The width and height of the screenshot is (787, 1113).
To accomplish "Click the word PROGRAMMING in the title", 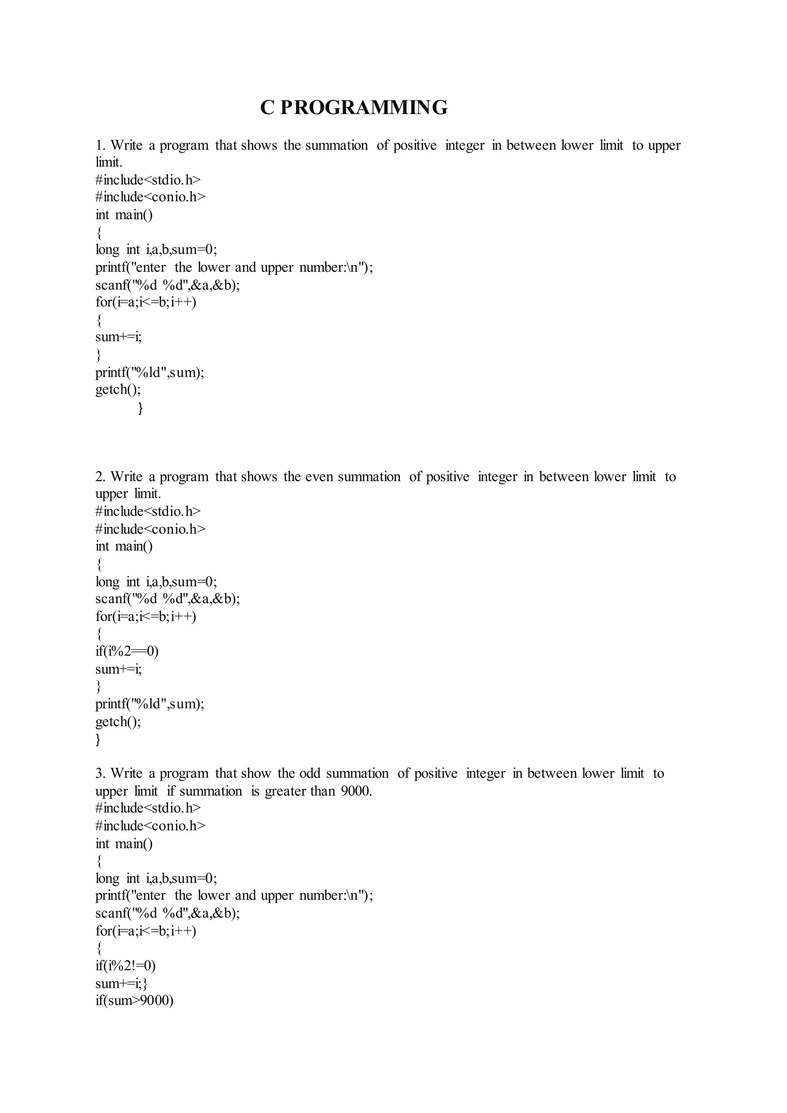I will [364, 108].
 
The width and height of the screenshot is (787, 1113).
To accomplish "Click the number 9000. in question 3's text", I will [356, 791].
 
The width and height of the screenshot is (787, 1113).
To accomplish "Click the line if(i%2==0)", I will [127, 651].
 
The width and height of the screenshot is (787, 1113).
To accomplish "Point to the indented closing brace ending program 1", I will [141, 408].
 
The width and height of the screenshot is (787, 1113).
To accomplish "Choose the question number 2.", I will [100, 477].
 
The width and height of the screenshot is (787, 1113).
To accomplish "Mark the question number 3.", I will [100, 773].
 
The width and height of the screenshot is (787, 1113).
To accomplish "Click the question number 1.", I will [100, 145].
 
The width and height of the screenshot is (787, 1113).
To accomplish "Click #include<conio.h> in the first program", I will [151, 197].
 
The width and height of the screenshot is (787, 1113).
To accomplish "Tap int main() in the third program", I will [124, 844].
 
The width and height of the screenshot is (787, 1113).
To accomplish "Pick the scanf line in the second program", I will [168, 599].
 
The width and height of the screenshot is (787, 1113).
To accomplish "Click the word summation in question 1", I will [337, 145].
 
